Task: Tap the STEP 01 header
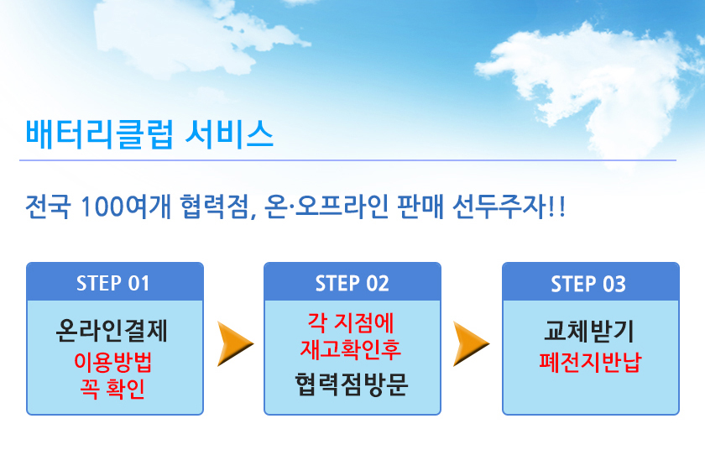(113, 283)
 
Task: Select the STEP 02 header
(352, 283)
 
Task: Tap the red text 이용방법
(114, 365)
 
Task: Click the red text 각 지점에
(352, 322)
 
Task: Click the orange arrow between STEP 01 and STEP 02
(235, 343)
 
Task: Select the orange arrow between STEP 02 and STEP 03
(472, 343)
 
